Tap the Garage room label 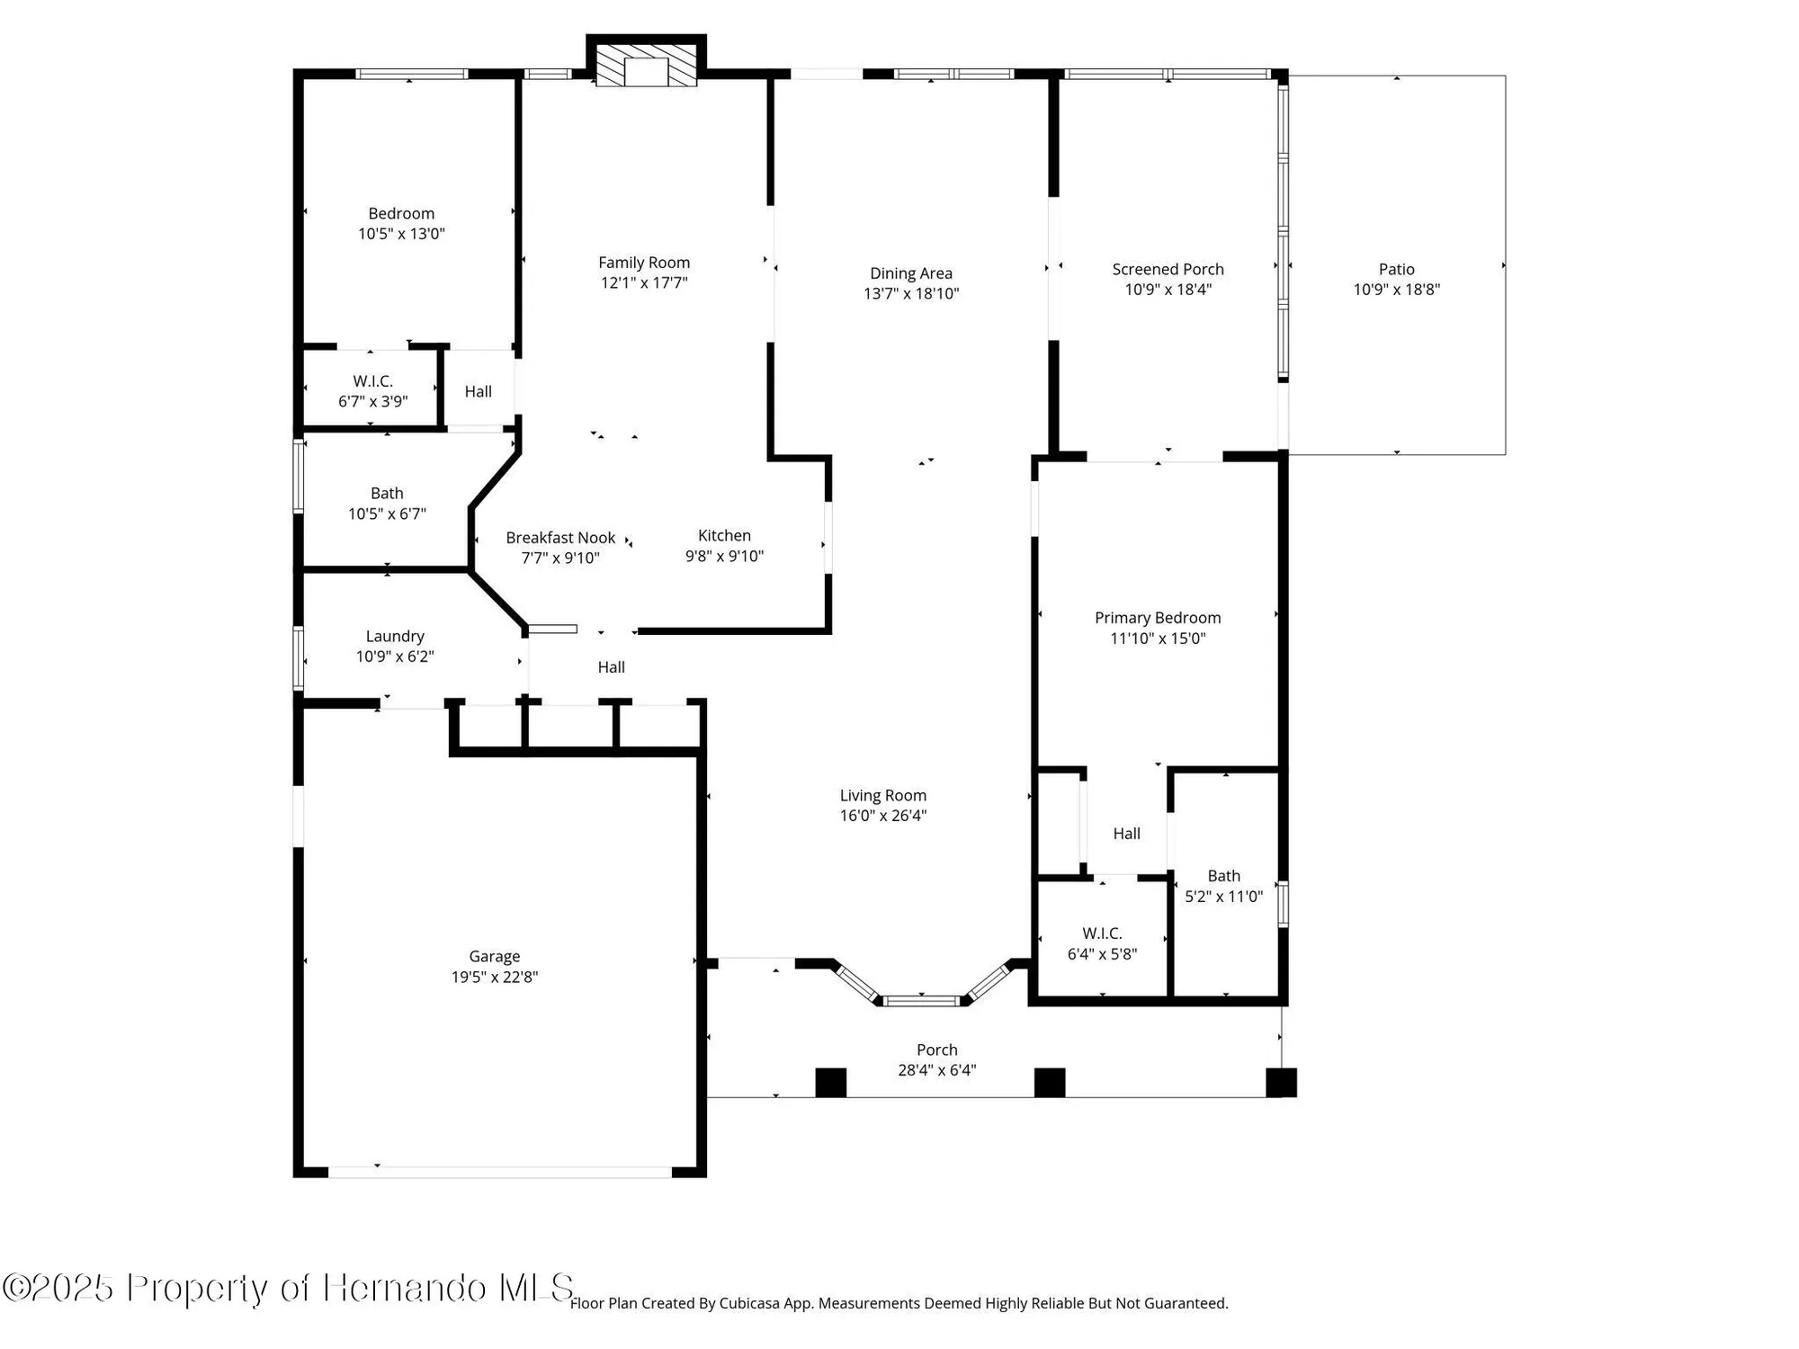(x=494, y=956)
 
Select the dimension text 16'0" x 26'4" (x=882, y=816)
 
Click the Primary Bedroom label (x=1157, y=618)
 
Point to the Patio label (x=1396, y=269)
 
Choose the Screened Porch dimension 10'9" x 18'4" (x=1168, y=290)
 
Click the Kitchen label (x=724, y=535)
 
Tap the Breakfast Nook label (x=560, y=538)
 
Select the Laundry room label (x=395, y=636)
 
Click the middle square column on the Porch (x=1049, y=1082)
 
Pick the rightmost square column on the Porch (x=1281, y=1082)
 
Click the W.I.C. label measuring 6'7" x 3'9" (x=372, y=381)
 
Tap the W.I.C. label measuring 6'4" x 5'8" (x=1102, y=934)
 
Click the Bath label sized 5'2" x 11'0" (x=1223, y=876)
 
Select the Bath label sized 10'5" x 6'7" (x=387, y=493)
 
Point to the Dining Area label (x=910, y=273)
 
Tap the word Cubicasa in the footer (x=749, y=1303)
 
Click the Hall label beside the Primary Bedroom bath (x=1126, y=834)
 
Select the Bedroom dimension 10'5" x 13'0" (x=401, y=234)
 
